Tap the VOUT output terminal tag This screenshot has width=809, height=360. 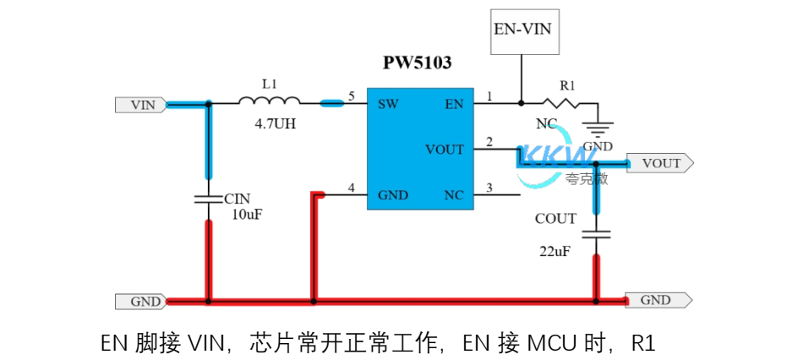[662, 163]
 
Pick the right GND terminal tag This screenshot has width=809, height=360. [658, 300]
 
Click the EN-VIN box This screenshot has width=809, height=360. [522, 29]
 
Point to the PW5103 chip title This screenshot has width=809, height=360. [417, 63]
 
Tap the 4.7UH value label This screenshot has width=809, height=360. [275, 123]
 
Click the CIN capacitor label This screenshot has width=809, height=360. [238, 199]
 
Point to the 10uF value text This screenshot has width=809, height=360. [246, 215]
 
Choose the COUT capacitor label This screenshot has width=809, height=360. [555, 219]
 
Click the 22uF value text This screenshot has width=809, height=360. [555, 250]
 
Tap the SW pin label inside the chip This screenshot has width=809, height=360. [388, 105]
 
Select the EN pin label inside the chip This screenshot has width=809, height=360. [454, 105]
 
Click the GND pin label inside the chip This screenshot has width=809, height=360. [393, 195]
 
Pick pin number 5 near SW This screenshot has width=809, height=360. [352, 97]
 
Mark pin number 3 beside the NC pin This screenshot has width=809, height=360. [489, 188]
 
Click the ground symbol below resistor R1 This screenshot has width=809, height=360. [598, 130]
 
